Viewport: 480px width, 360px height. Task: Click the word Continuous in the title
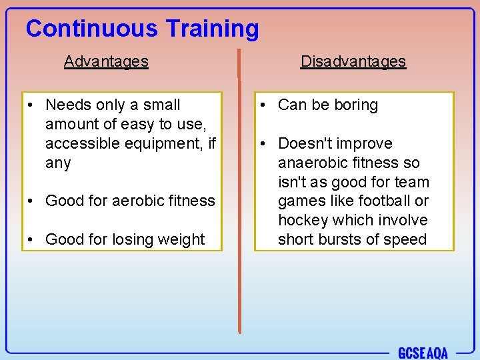pos(92,29)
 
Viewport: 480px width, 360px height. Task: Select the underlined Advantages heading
pos(106,61)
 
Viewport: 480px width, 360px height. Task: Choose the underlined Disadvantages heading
pos(353,61)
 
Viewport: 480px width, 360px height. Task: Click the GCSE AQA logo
pos(423,353)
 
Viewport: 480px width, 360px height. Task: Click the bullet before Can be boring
pos(265,105)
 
